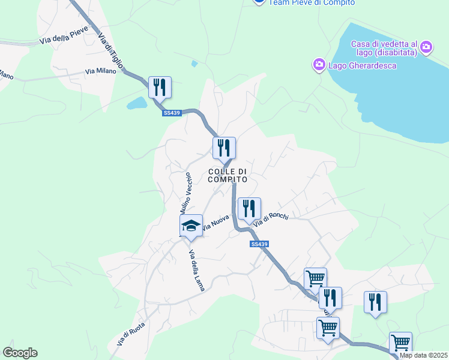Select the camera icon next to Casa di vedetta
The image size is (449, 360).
point(426,46)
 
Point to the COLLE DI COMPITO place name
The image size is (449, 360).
point(228,175)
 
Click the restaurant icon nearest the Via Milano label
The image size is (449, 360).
point(160,86)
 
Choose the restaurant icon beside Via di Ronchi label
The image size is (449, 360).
point(249,208)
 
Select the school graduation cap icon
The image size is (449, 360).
point(191,225)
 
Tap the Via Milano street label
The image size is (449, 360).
point(100,71)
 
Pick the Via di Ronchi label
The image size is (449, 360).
point(271,220)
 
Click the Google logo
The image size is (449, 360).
point(20,353)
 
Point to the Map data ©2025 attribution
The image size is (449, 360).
point(423,355)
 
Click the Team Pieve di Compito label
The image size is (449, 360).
point(311,2)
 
